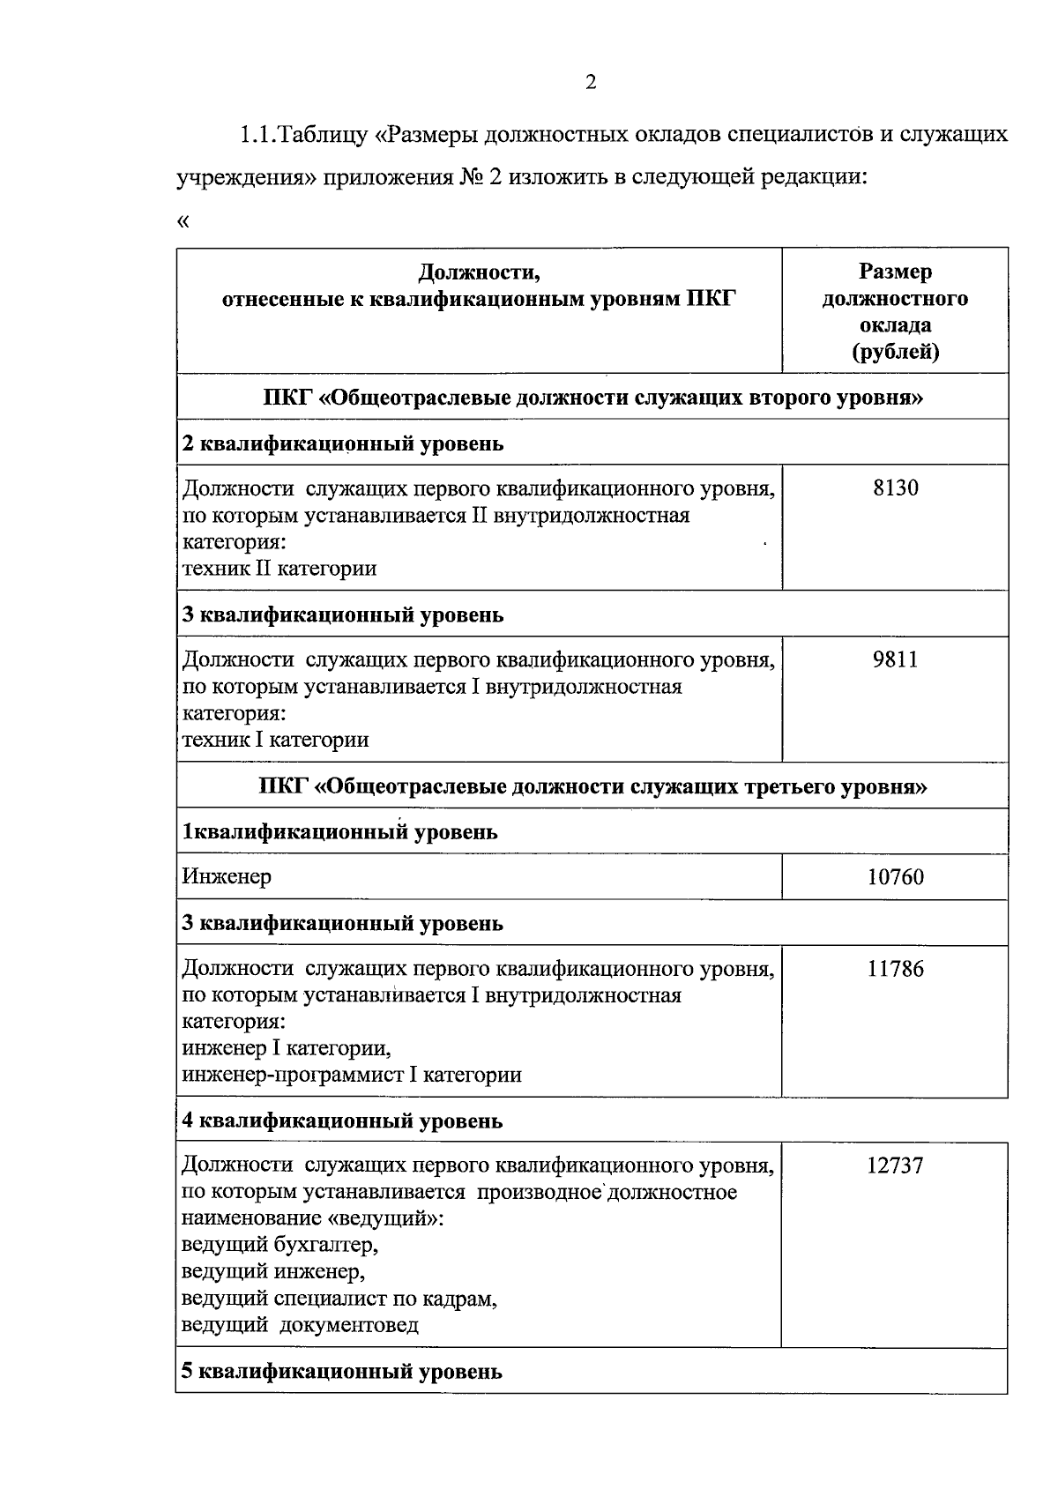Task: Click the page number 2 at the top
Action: (591, 83)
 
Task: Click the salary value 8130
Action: (895, 488)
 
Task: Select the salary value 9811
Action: (895, 659)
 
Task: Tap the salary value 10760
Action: (895, 877)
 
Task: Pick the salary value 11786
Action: (895, 969)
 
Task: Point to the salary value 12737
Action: (895, 1165)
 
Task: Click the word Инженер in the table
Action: (227, 877)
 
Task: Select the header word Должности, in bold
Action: (479, 272)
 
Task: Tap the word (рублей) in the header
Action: (895, 352)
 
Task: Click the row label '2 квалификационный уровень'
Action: (343, 443)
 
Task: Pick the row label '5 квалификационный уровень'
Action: (342, 1372)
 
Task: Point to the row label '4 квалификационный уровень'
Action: (343, 1121)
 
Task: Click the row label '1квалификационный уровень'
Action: (339, 831)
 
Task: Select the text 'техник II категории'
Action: (279, 569)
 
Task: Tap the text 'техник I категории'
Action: (275, 740)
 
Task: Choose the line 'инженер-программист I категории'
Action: (352, 1075)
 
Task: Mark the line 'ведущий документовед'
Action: (300, 1325)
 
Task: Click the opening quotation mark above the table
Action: (183, 221)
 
